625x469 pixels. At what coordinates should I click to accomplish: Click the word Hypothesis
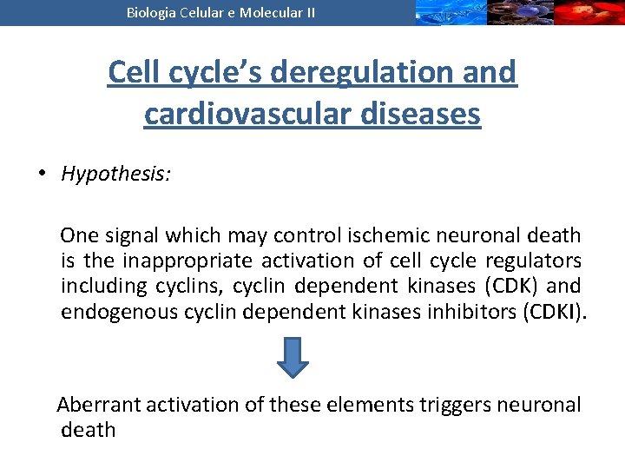tap(115, 174)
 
